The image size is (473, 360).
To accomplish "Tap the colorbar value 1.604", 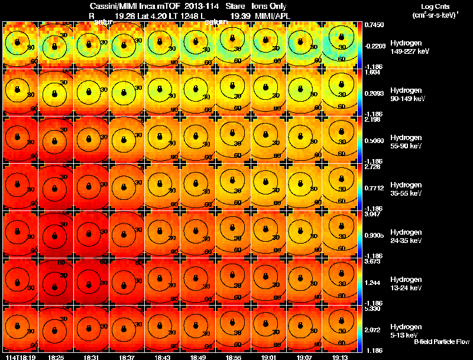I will click(x=372, y=72).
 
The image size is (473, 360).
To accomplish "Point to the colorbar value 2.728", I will click(x=372, y=166).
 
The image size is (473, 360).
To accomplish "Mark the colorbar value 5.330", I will click(x=372, y=309).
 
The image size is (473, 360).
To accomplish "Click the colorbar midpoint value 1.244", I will click(x=372, y=283).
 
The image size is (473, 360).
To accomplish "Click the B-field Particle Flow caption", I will click(x=441, y=342).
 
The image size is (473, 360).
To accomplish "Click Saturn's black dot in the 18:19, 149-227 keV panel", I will click(x=18, y=42).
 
